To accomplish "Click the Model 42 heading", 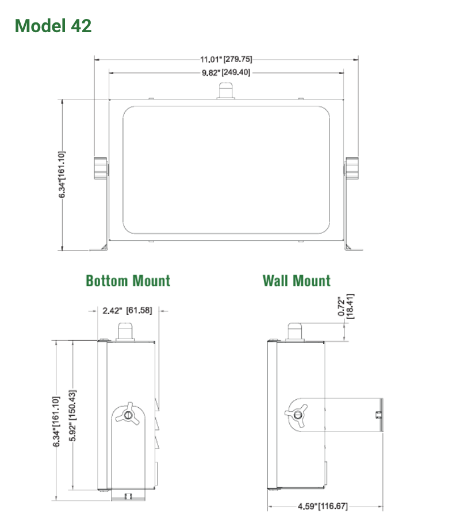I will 53,26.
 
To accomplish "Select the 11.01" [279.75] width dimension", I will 226,59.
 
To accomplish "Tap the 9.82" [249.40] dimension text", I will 226,73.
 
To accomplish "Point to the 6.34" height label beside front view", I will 62,175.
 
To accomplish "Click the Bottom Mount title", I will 128,280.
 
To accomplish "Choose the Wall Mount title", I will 296,280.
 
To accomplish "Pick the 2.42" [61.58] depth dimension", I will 127,311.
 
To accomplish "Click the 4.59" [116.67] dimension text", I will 323,506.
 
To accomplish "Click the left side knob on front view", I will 100,167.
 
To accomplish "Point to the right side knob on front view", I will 351,167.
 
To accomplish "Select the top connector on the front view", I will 225,91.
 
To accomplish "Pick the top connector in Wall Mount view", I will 296,331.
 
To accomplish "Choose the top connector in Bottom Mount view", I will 126,331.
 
